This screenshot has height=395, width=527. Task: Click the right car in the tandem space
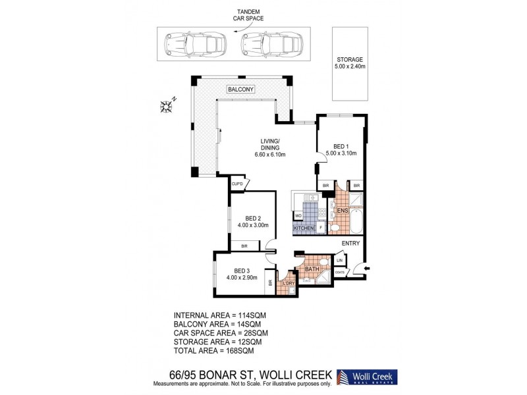(269, 45)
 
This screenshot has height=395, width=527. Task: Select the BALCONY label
(241, 89)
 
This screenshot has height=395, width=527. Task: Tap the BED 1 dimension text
(341, 153)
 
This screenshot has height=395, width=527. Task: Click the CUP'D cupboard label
(237, 184)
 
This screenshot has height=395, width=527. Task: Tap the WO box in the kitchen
(298, 215)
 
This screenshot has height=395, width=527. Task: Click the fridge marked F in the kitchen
(321, 227)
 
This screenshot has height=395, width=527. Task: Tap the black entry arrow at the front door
(367, 268)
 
